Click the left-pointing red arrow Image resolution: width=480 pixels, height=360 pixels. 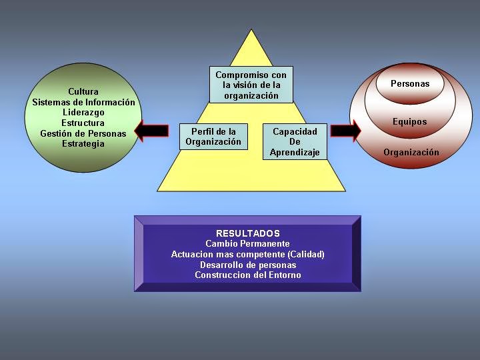pyautogui.click(x=151, y=130)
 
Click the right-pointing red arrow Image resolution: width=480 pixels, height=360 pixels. pyautogui.click(x=345, y=130)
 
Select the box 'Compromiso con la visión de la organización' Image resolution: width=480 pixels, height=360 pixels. pyautogui.click(x=251, y=85)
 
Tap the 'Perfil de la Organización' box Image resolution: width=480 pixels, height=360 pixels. pyautogui.click(x=213, y=137)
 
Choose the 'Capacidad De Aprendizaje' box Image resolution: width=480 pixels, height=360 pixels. pyautogui.click(x=295, y=142)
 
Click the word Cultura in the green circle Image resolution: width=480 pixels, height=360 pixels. pyautogui.click(x=83, y=91)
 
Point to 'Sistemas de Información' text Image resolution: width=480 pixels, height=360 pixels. pyautogui.click(x=83, y=102)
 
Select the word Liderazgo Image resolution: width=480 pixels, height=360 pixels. pyautogui.click(x=83, y=113)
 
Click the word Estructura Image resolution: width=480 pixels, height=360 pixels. pyautogui.click(x=83, y=123)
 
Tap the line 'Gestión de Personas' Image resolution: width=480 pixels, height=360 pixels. pyautogui.click(x=83, y=133)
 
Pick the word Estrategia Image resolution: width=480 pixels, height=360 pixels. pyautogui.click(x=83, y=144)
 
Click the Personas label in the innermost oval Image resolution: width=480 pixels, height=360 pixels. pyautogui.click(x=410, y=84)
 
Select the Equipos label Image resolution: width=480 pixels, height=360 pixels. pyautogui.click(x=410, y=122)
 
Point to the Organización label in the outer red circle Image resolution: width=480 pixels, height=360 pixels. pyautogui.click(x=411, y=153)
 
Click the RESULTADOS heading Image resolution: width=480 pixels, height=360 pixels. pyautogui.click(x=248, y=233)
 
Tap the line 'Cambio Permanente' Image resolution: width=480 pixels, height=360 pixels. pyautogui.click(x=248, y=244)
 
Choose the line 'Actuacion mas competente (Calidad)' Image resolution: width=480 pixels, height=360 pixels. pyautogui.click(x=248, y=255)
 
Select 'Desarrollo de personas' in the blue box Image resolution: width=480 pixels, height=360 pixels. pyautogui.click(x=248, y=265)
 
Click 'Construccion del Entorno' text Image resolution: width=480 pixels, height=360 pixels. pyautogui.click(x=248, y=275)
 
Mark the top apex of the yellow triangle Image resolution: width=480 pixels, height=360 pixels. pyautogui.click(x=251, y=30)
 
